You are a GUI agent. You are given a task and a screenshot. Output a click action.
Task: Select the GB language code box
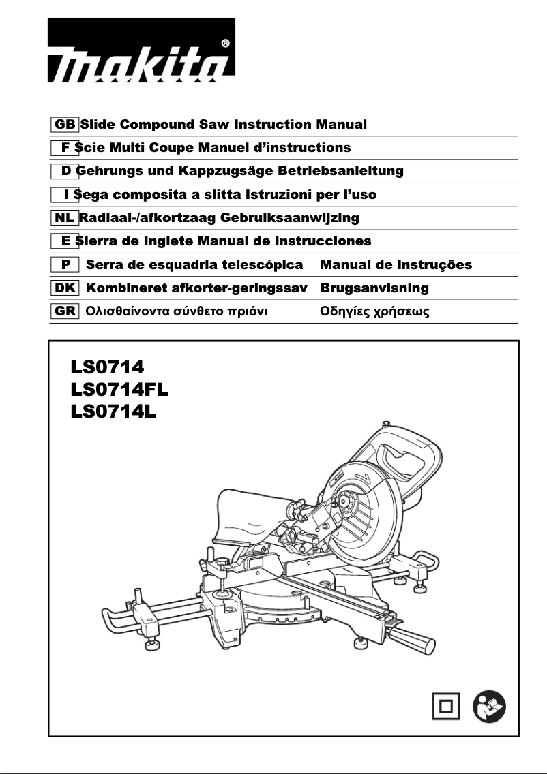pyautogui.click(x=65, y=125)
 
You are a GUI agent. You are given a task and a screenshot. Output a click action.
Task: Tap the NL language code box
pyautogui.click(x=65, y=218)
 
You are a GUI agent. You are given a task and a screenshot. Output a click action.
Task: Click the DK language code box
pyautogui.click(x=65, y=288)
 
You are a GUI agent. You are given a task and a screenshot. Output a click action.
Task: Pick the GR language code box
pyautogui.click(x=65, y=312)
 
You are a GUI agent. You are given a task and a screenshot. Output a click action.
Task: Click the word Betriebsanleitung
pyautogui.click(x=345, y=170)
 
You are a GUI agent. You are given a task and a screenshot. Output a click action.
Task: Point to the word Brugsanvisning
pyautogui.click(x=374, y=288)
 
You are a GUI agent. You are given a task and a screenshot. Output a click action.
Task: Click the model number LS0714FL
pyautogui.click(x=119, y=390)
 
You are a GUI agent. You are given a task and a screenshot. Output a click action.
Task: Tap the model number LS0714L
pyautogui.click(x=113, y=412)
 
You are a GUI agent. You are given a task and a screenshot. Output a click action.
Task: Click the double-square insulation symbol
pyautogui.click(x=445, y=707)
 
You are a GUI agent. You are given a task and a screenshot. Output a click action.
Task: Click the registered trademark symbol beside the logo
pyautogui.click(x=226, y=44)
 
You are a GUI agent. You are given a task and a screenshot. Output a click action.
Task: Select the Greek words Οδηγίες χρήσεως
pyautogui.click(x=374, y=312)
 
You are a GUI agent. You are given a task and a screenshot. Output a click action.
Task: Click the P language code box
pyautogui.click(x=65, y=264)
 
